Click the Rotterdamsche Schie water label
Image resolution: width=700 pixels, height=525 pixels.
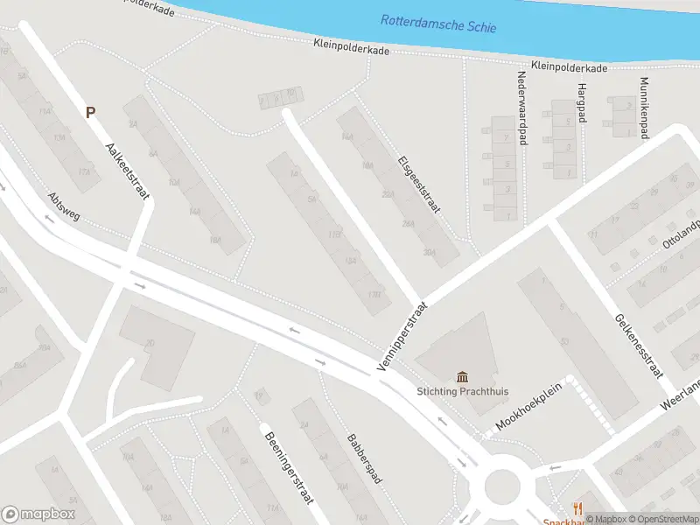[438, 24]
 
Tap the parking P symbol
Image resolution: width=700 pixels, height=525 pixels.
[90, 112]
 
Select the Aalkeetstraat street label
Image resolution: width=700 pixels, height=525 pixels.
[127, 171]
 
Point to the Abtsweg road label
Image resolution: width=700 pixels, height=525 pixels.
[64, 207]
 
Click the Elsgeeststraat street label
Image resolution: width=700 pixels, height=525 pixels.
[419, 185]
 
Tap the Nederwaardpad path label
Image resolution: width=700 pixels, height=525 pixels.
[522, 107]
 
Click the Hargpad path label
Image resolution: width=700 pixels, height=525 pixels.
[580, 103]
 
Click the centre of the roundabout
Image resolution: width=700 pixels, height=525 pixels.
[502, 483]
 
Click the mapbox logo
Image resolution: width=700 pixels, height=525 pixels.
[38, 514]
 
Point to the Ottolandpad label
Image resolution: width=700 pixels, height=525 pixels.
[682, 234]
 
